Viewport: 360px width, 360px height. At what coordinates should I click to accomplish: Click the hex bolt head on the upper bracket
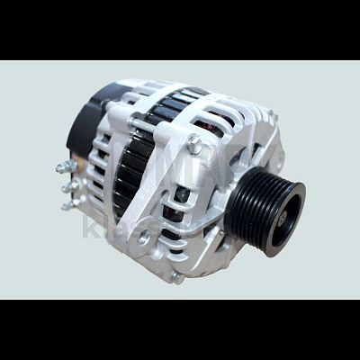pyautogui.click(x=193, y=145)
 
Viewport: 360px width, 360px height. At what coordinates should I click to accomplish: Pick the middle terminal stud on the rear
pyautogui.click(x=66, y=187)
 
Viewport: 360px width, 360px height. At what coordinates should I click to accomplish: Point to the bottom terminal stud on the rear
pyautogui.click(x=67, y=205)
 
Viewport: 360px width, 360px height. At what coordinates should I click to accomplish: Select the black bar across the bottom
pyautogui.click(x=180, y=328)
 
